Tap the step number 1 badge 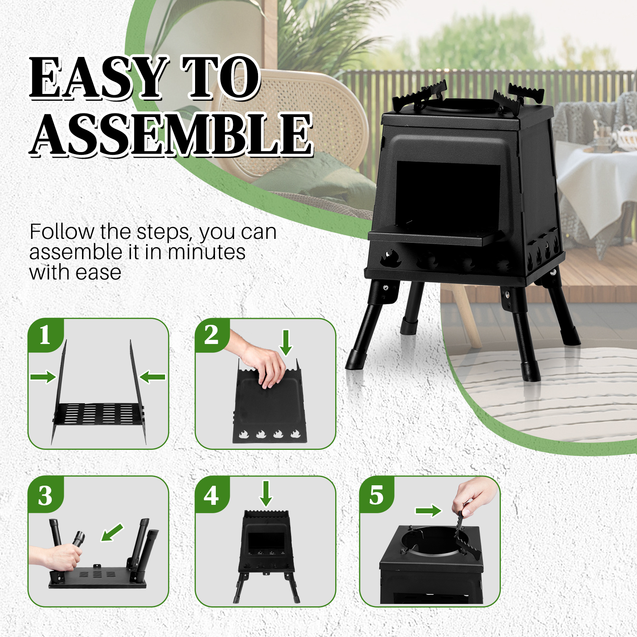coord(45,335)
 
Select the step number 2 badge coord(211,335)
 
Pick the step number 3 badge coord(45,496)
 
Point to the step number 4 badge coord(211,496)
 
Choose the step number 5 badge coord(376,496)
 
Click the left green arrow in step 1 coord(43,377)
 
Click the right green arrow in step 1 coord(153,377)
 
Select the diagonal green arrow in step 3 coord(112,533)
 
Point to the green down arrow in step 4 coord(266,494)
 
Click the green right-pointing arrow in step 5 coord(428,511)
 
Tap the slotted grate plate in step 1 coord(99,414)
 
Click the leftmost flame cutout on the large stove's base coord(391,259)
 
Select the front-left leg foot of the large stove coord(354,360)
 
